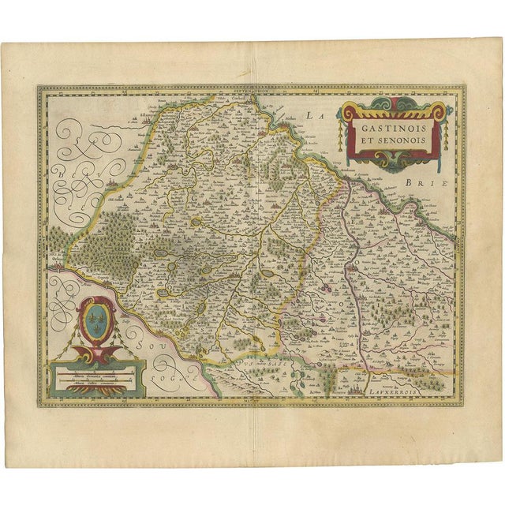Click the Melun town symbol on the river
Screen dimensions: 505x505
click(280, 124)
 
